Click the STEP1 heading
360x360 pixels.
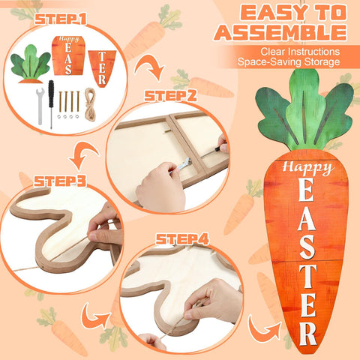[x=61, y=19]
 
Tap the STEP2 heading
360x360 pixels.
[x=170, y=96]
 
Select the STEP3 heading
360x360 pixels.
[x=60, y=181]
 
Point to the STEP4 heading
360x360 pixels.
[x=182, y=239]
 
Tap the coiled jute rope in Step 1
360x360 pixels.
[x=90, y=104]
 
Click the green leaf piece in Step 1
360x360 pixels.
[x=31, y=64]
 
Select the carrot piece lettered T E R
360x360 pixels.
[x=102, y=68]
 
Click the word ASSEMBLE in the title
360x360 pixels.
[x=280, y=33]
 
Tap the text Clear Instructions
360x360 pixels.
[x=300, y=52]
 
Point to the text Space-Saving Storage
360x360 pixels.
[x=289, y=61]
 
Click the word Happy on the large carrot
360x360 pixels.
[x=308, y=168]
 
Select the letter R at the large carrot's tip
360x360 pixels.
[x=308, y=334]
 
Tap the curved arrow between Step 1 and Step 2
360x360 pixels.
[x=149, y=67]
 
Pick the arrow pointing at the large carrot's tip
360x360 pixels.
[x=265, y=328]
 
